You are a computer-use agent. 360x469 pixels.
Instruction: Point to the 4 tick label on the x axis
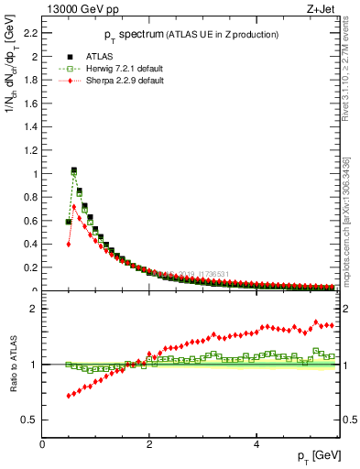pos(256,444)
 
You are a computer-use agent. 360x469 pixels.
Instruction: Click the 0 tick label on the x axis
pos(43,444)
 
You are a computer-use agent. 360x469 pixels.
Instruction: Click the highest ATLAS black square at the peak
pos(74,169)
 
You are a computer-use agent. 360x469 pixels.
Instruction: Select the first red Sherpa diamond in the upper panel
pos(69,244)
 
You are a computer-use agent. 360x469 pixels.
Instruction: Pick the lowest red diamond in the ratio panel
pos(69,396)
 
